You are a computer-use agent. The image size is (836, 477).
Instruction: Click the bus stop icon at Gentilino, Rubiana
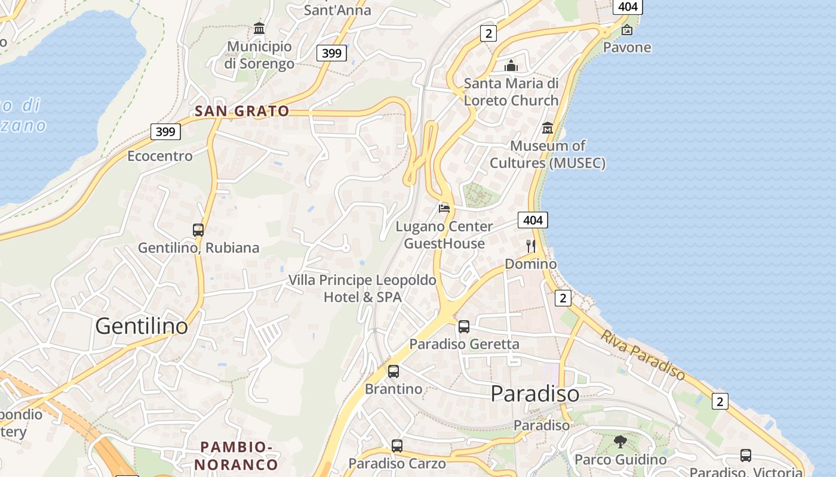(x=198, y=230)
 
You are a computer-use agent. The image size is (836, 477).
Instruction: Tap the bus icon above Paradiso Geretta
(x=464, y=326)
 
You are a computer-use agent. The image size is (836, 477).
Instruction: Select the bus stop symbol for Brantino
(x=393, y=371)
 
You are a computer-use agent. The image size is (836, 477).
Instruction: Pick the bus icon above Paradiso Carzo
(x=397, y=445)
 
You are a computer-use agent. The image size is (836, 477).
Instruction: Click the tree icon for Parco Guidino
(x=620, y=442)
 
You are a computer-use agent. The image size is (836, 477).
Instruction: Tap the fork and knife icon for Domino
(x=531, y=246)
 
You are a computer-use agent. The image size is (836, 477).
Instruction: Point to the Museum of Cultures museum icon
(x=548, y=128)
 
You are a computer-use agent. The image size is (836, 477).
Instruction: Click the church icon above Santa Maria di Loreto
(x=511, y=65)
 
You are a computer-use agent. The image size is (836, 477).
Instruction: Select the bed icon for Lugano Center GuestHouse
(x=444, y=208)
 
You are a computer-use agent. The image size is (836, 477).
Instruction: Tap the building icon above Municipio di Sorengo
(x=259, y=28)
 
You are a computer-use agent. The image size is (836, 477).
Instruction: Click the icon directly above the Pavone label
(x=627, y=30)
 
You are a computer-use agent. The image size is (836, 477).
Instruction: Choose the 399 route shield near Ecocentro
(x=165, y=131)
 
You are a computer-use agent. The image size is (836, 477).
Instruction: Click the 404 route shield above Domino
(x=533, y=220)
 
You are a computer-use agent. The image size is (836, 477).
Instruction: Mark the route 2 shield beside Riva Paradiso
(x=720, y=401)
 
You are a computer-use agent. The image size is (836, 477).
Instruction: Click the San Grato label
(x=242, y=111)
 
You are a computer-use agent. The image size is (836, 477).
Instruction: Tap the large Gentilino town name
(x=142, y=326)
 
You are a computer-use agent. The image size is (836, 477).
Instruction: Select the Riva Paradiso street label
(x=643, y=355)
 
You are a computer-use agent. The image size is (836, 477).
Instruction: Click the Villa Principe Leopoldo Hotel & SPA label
(x=362, y=288)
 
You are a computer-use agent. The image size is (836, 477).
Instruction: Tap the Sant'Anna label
(x=337, y=10)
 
